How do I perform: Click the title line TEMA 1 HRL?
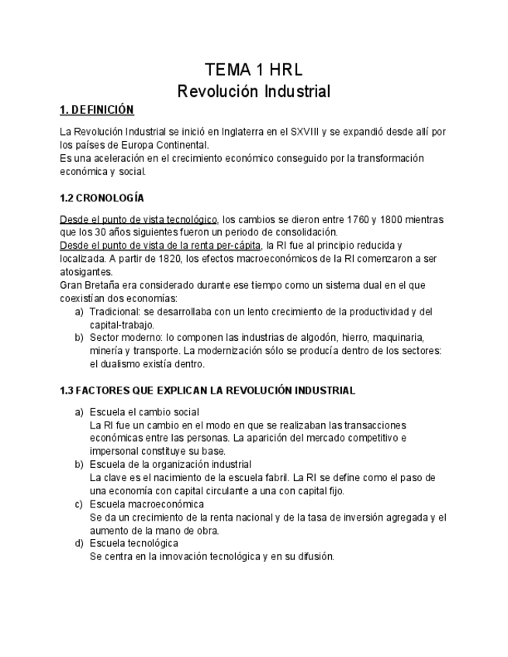point(254,69)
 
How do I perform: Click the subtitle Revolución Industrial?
point(254,91)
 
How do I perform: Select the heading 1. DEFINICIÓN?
point(97,111)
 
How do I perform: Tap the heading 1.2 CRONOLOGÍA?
point(102,198)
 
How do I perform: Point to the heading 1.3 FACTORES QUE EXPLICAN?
point(207,390)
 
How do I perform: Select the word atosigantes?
point(85,272)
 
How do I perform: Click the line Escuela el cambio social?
point(144,412)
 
